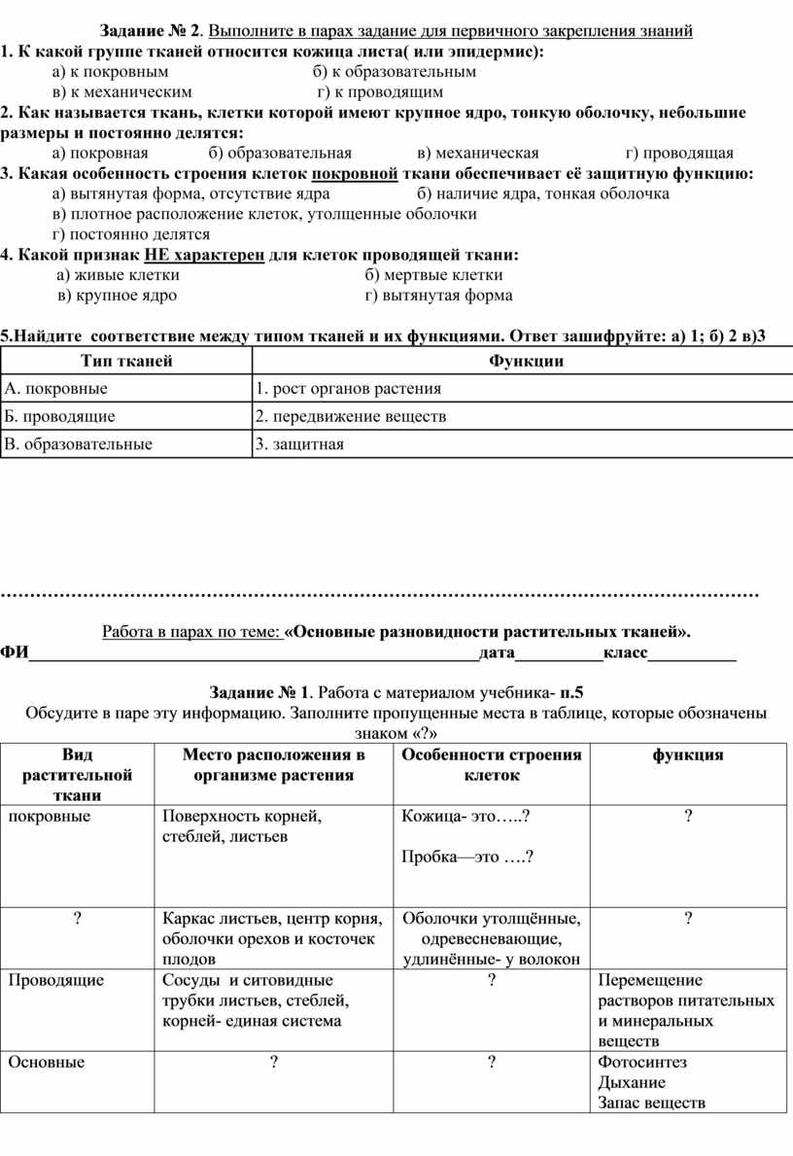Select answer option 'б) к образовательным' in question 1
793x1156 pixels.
395,72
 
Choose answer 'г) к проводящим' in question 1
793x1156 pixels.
381,92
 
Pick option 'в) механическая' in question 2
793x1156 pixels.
477,153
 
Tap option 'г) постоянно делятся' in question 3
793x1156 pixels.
131,234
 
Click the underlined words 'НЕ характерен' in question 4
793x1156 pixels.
204,255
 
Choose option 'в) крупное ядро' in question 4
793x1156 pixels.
117,296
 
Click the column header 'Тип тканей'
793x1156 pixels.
125,362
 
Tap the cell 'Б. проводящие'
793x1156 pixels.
60,416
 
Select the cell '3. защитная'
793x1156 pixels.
299,444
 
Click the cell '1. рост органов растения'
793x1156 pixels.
348,389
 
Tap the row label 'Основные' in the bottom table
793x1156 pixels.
46,1063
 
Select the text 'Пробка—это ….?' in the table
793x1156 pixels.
467,858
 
